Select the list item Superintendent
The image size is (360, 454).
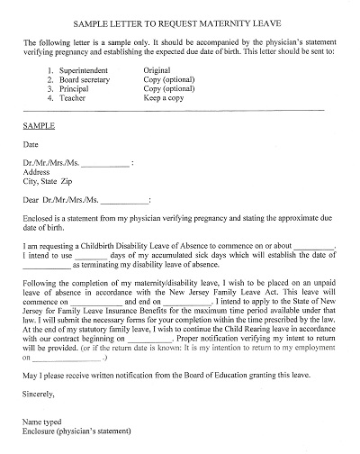(84, 68)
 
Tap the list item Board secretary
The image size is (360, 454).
(85, 78)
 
